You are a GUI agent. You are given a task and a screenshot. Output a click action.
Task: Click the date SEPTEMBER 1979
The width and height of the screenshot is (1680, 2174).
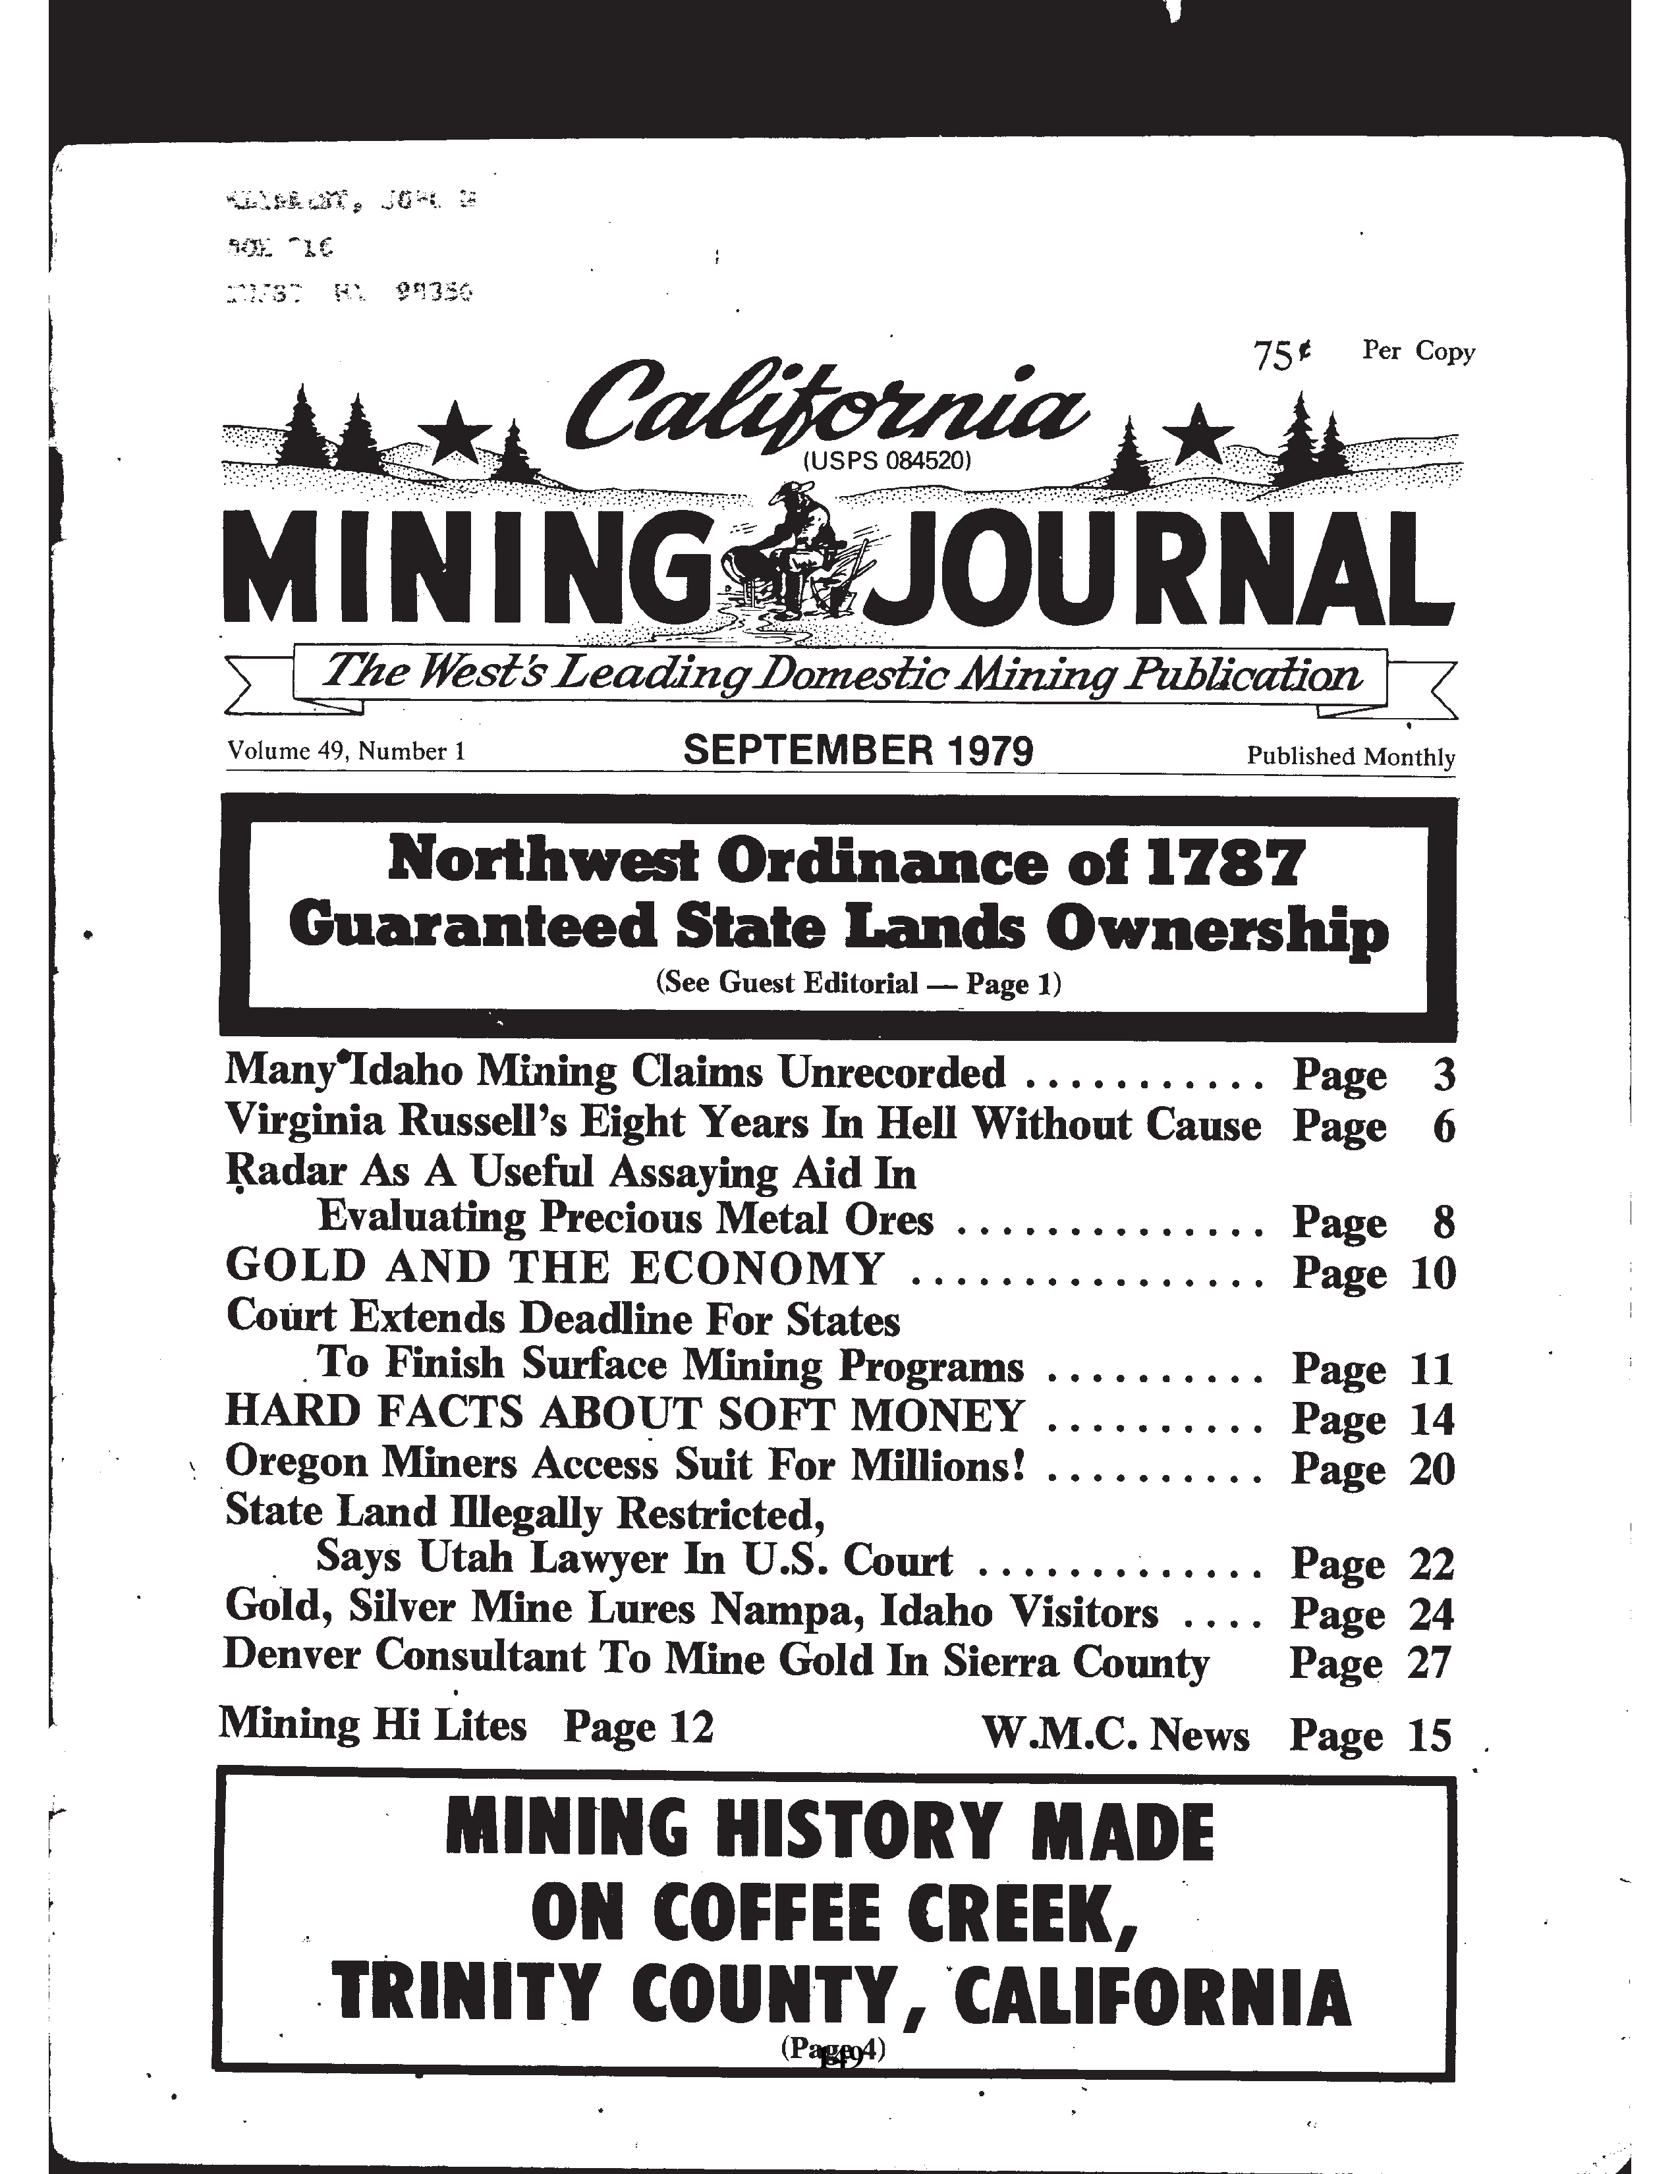pyautogui.click(x=858, y=750)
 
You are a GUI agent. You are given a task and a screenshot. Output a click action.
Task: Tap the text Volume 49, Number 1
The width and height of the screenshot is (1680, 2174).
pyautogui.click(x=347, y=750)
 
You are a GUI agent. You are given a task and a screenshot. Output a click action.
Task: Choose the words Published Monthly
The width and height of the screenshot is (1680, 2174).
pyautogui.click(x=1351, y=756)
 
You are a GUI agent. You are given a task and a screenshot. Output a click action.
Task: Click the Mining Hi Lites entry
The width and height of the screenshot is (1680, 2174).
pyautogui.click(x=372, y=1724)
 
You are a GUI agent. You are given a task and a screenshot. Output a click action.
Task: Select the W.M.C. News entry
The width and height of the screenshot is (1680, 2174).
pyautogui.click(x=1115, y=1734)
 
